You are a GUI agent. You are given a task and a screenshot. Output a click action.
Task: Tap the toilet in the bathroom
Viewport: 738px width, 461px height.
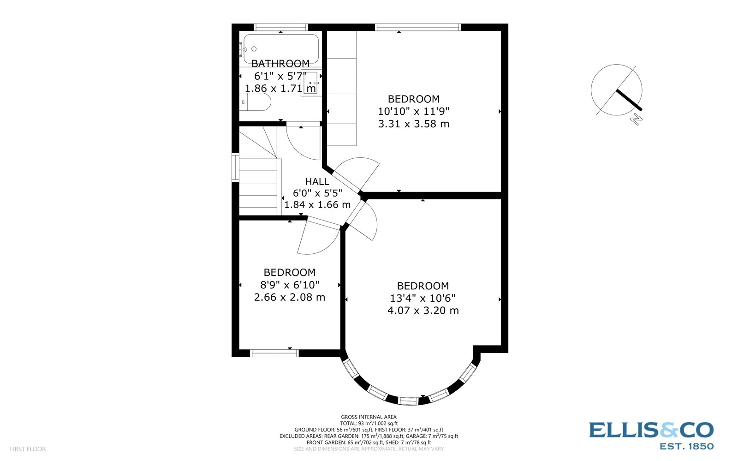point(256,102)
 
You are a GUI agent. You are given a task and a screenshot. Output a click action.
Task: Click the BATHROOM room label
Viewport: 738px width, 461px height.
point(280,64)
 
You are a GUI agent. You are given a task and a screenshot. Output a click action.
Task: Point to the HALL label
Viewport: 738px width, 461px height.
point(317,182)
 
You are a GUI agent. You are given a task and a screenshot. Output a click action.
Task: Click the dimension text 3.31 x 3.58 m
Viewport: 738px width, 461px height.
point(414,124)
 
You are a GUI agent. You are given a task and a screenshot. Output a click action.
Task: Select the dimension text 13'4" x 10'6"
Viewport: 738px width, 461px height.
point(423,298)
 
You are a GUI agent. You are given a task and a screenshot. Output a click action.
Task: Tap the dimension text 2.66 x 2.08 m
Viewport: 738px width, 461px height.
point(290,297)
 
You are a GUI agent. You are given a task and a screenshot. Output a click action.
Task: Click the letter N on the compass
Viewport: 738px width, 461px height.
point(637,119)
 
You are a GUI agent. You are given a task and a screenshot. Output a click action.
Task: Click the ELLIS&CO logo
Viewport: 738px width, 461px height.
point(651,430)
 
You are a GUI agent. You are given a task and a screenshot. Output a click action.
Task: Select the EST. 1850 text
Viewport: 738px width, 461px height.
point(687,446)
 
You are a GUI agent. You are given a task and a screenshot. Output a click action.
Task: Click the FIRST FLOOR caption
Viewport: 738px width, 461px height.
point(28,449)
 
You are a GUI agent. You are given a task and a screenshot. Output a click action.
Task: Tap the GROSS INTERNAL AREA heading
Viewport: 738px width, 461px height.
point(369,417)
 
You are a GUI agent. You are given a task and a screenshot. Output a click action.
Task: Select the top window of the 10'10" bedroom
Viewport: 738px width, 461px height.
point(418,27)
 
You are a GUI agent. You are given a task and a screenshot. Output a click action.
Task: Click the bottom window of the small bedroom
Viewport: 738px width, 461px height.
point(274,353)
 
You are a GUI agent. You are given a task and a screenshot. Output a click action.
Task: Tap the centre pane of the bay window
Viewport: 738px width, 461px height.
point(409,401)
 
